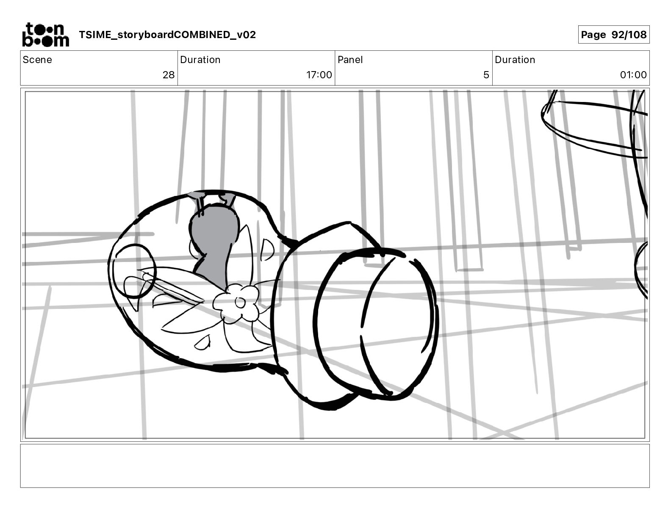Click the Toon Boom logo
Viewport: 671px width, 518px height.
[x=46, y=35]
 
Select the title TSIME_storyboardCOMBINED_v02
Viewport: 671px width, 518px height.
[x=167, y=35]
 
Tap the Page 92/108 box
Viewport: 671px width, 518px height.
[x=613, y=35]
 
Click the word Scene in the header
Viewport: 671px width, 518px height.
[x=37, y=60]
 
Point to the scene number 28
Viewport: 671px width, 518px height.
[x=169, y=74]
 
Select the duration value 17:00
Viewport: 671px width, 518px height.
[x=319, y=74]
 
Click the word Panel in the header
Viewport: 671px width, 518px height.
[x=350, y=60]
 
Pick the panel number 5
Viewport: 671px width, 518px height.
[x=486, y=74]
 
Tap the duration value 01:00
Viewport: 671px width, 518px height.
[x=633, y=74]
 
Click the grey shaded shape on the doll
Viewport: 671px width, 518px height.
[x=214, y=244]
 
